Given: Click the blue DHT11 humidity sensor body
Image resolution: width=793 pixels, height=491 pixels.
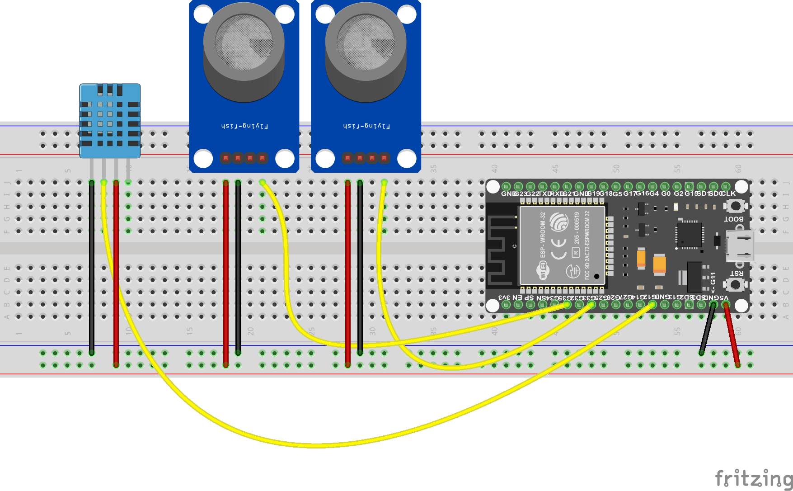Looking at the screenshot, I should point(110,121).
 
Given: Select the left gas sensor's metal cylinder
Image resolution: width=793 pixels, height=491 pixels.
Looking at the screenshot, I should point(244,52).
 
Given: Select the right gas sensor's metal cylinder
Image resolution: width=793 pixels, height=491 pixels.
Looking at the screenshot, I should point(366,52).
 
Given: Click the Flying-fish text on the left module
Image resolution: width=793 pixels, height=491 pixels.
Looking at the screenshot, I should point(244,126).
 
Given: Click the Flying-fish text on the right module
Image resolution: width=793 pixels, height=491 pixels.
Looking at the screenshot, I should point(366,126).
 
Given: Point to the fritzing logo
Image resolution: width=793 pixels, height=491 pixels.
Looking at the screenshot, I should point(753,478).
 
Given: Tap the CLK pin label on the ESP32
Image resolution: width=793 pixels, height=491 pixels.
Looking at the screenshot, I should point(728,194).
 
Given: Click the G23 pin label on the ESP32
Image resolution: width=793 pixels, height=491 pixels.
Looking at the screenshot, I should point(520,194).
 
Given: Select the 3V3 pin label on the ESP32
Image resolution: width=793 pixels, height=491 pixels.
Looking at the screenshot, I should point(504,297).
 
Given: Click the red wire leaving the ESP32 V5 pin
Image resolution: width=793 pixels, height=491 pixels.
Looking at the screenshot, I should point(732,335).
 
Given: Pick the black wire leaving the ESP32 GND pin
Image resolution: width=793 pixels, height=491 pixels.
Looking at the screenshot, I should point(707,330).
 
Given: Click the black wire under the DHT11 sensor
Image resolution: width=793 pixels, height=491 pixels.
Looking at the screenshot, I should point(92,267).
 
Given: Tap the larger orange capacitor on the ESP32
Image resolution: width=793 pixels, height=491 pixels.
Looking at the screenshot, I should point(659,265).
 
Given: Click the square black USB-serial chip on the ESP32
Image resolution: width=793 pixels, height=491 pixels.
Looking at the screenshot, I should point(690,235).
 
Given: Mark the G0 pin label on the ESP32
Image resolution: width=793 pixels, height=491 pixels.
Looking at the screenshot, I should point(666,194).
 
